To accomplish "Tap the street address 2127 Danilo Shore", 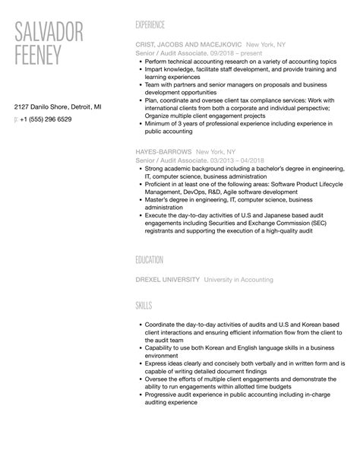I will coord(46,107).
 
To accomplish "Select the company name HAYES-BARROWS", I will coord(163,151).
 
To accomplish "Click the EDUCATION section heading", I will coord(150,260).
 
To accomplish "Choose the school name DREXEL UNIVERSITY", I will coord(167,279).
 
